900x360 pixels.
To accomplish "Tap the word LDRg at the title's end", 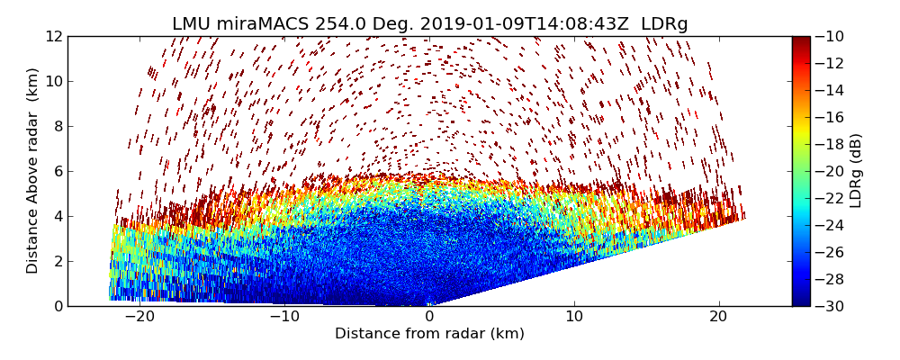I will coord(664,24).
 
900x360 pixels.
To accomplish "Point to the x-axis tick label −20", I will coord(139,318).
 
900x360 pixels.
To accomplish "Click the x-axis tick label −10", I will coord(284,318).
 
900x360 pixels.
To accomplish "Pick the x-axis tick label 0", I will coord(429,318).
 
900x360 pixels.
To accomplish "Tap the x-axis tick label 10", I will coord(574,318).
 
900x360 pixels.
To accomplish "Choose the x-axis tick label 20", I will coord(718,318).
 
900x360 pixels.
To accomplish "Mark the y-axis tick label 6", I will coord(58,171).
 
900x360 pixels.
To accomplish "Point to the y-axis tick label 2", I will coord(58,261).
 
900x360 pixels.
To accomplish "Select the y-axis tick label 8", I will coord(58,126).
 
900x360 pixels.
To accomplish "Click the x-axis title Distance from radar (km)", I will coord(429,334).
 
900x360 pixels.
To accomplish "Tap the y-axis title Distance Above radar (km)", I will coord(32,171).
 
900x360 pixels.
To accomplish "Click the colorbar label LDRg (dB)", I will coord(856,171).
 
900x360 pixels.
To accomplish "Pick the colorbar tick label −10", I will coord(832,36).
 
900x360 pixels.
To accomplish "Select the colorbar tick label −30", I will coord(832,306).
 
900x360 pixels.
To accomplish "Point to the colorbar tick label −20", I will coord(832,171).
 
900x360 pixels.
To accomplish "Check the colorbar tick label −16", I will coord(832,117).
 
